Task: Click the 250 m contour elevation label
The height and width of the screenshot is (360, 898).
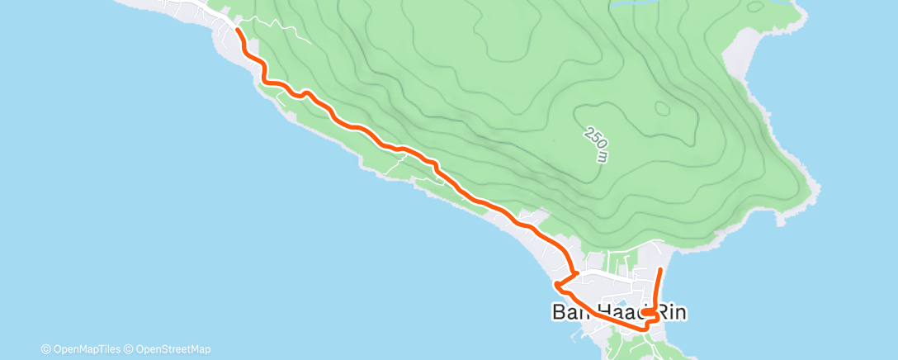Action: tap(596, 144)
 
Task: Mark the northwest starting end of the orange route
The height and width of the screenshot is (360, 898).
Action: tap(238, 30)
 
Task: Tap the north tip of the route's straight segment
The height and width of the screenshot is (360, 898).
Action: tap(661, 269)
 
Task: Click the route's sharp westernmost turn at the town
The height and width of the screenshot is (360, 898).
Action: tap(557, 286)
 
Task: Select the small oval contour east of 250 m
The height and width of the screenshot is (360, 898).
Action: tap(661, 107)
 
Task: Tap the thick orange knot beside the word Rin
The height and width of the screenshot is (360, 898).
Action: tap(650, 314)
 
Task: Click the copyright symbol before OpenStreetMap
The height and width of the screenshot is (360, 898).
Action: tap(129, 349)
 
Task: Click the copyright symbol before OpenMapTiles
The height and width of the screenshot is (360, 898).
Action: tap(46, 349)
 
